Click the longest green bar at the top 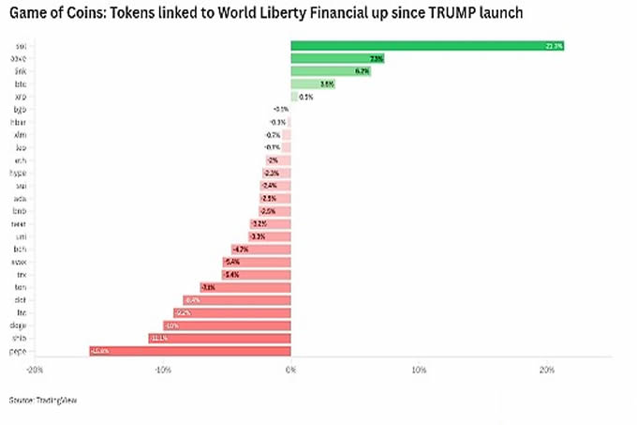click(x=427, y=46)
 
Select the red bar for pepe click(x=190, y=351)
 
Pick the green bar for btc click(x=313, y=83)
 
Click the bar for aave click(x=337, y=58)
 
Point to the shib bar click(x=219, y=338)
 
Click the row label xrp click(x=21, y=97)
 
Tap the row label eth click(x=21, y=160)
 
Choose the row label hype click(x=19, y=173)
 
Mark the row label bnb click(x=21, y=211)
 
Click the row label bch click(x=21, y=250)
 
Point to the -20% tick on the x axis click(x=35, y=371)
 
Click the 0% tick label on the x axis click(x=290, y=371)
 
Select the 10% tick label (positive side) click(x=419, y=371)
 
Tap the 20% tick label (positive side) click(x=547, y=371)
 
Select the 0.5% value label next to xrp click(x=305, y=97)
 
